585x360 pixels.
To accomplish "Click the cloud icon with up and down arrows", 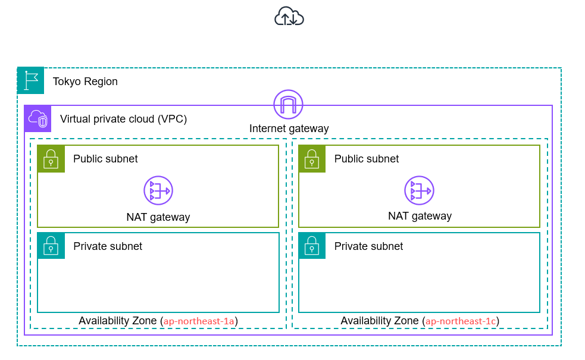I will click(x=289, y=17).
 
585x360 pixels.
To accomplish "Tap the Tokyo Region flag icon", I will click(x=31, y=80).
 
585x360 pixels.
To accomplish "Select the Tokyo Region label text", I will click(x=85, y=82).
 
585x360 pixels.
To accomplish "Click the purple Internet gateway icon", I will click(x=288, y=105).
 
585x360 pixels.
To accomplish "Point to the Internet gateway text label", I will click(x=289, y=129).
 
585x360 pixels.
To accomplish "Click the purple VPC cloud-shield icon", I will click(x=37, y=118).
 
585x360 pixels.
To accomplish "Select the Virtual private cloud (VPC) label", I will click(x=123, y=119).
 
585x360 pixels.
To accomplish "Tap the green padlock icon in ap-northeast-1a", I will click(x=51, y=159).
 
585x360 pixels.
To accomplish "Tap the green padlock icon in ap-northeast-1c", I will click(x=312, y=159).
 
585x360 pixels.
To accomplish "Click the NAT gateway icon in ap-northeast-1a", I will click(x=158, y=190).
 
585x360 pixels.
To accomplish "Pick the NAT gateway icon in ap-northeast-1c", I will click(x=419, y=190).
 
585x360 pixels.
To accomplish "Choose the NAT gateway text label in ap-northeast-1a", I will click(x=158, y=217).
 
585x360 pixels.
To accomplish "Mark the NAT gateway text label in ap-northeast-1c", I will click(x=420, y=216).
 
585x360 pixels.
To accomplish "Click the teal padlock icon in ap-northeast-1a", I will click(x=51, y=246).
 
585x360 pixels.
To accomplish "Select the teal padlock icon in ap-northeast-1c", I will click(x=312, y=246).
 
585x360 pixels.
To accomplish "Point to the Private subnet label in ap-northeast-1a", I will click(x=108, y=246).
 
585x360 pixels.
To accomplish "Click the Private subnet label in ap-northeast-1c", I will click(x=368, y=246).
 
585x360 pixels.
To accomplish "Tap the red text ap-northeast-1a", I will click(x=199, y=321).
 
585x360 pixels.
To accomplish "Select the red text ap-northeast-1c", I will click(x=461, y=321).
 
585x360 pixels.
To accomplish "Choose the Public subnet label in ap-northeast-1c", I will click(x=367, y=159).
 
